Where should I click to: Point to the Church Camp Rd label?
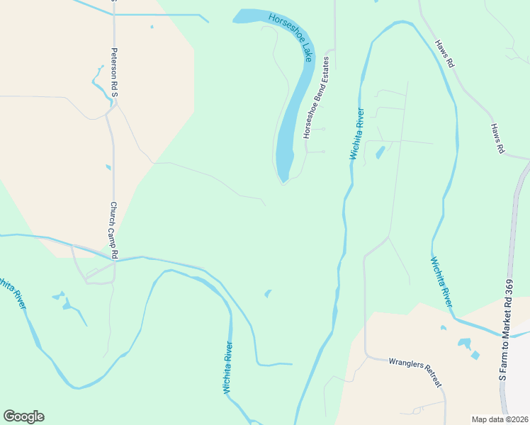[x=113, y=229]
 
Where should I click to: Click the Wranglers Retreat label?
[x=415, y=373]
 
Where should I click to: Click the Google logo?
[x=23, y=416]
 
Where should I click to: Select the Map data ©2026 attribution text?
[x=500, y=419]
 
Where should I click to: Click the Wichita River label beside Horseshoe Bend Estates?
[x=356, y=133]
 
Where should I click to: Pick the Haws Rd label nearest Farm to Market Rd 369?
[x=497, y=138]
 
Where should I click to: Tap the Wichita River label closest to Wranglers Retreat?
[x=441, y=280]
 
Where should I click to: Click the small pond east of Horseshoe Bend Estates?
[x=380, y=152]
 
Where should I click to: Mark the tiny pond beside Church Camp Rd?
[x=108, y=168]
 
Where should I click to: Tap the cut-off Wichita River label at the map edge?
[x=13, y=293]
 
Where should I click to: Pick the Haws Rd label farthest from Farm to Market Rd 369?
[x=444, y=53]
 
